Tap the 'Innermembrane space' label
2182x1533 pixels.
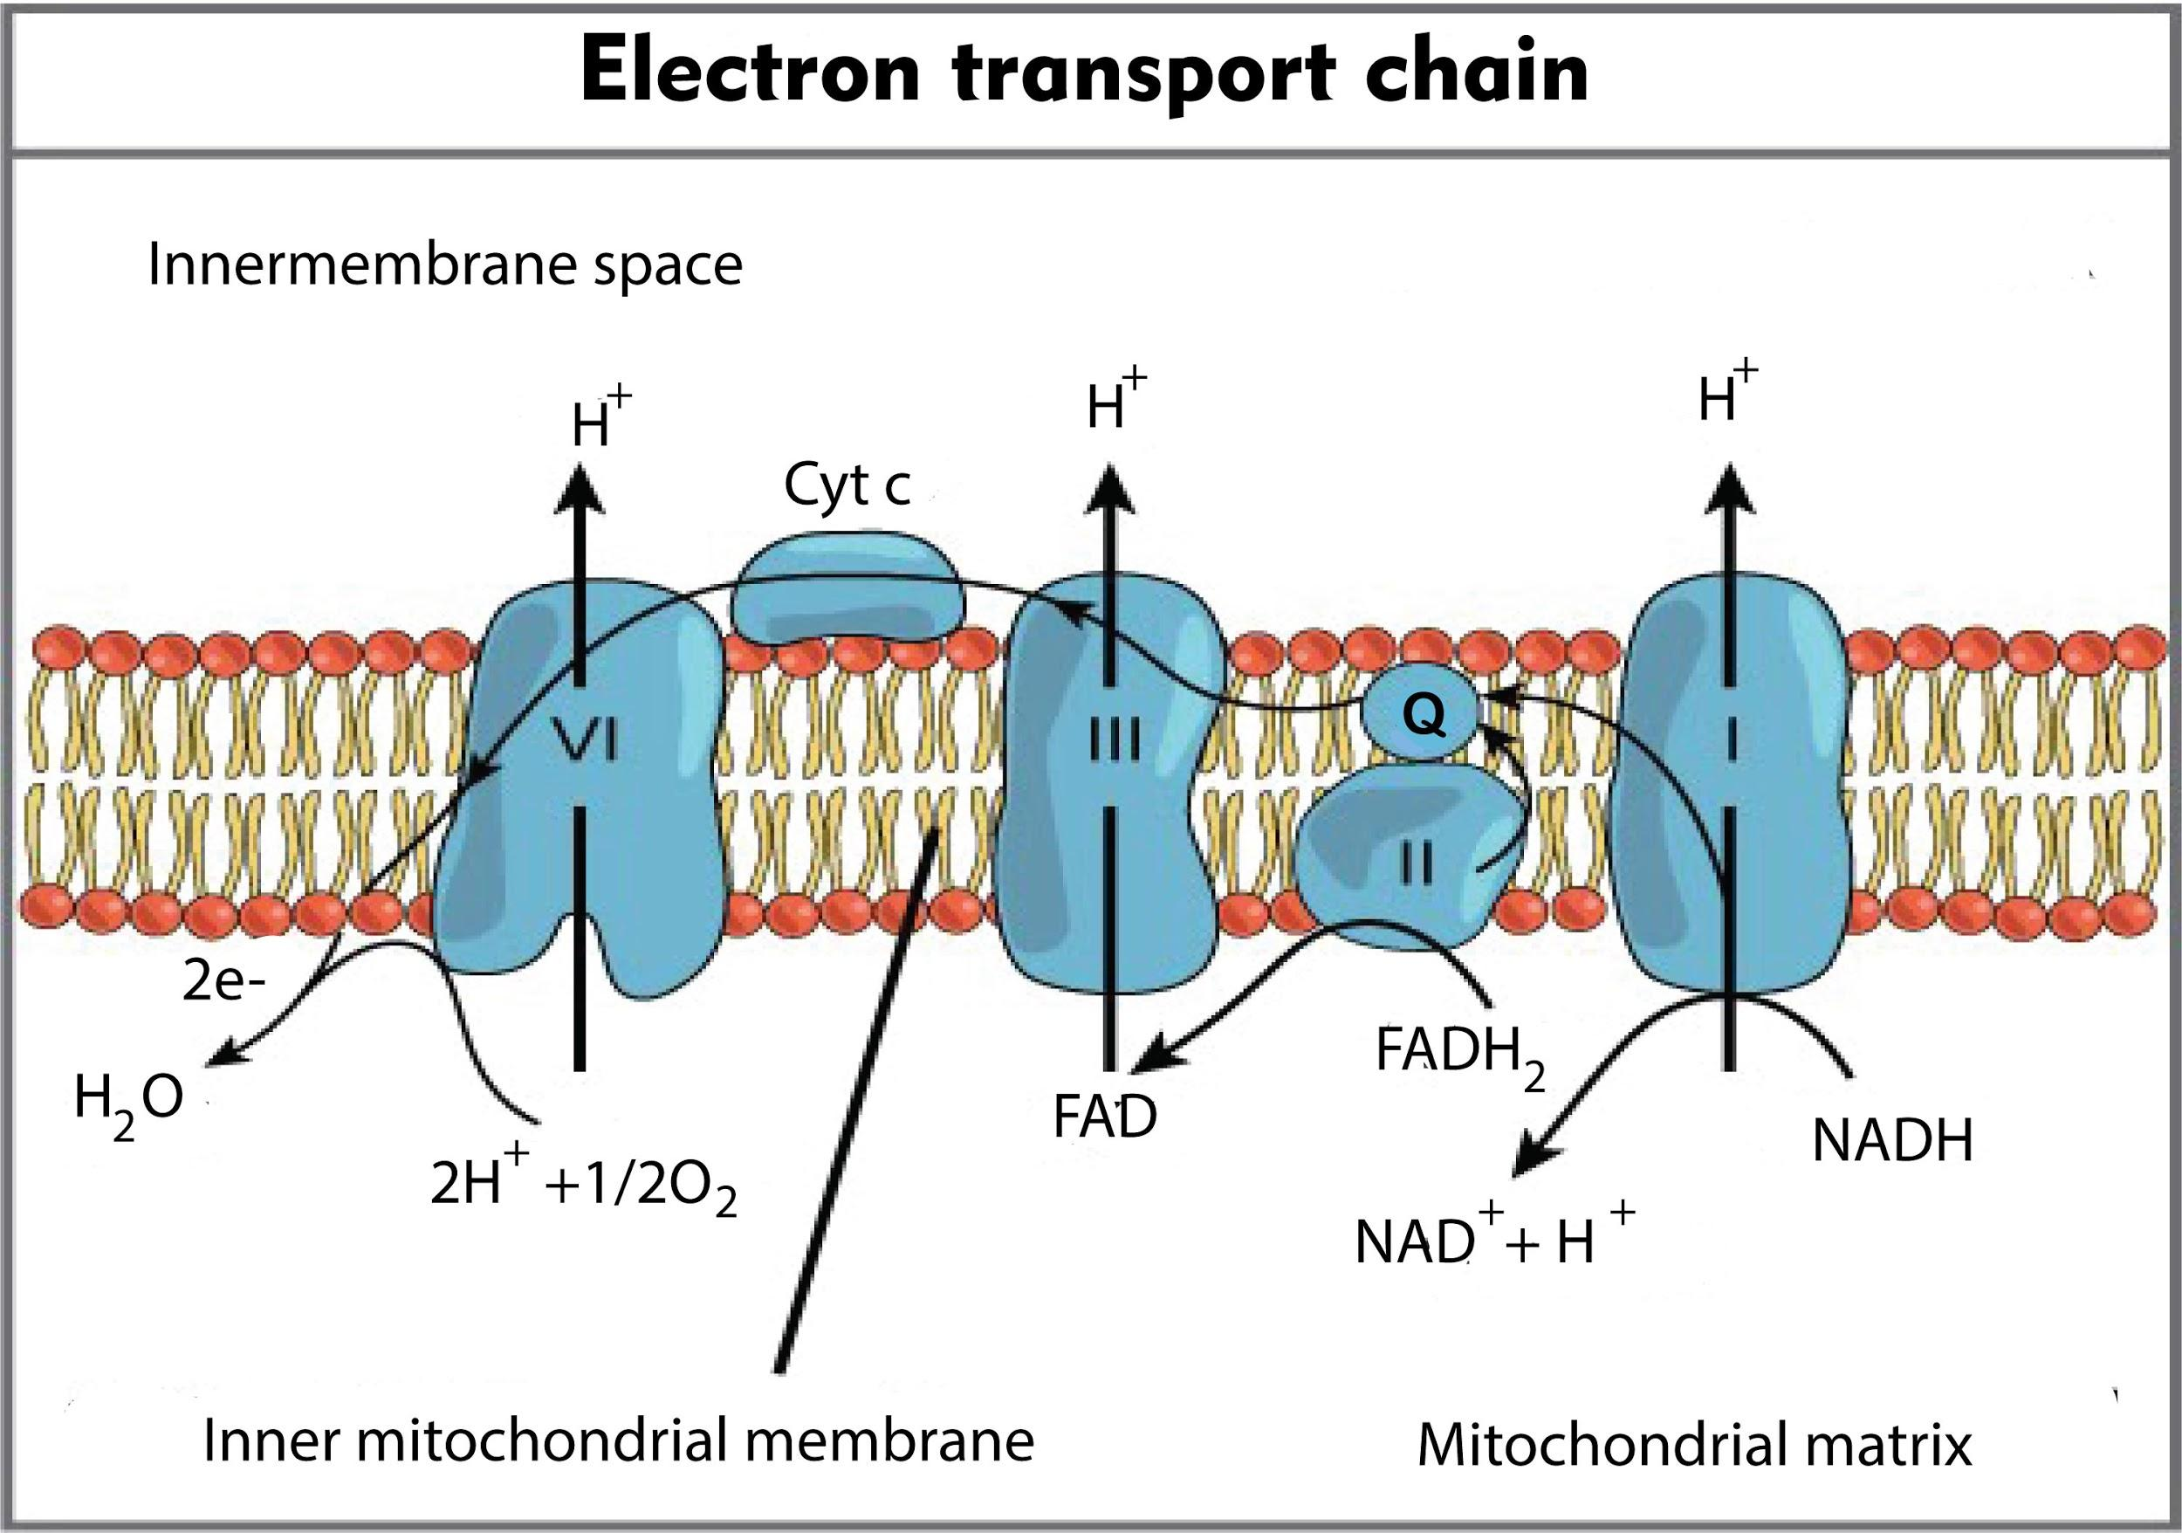click(x=445, y=265)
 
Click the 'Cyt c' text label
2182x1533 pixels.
click(x=847, y=485)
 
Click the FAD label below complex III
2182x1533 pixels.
click(x=1104, y=1117)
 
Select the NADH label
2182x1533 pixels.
click(x=1892, y=1140)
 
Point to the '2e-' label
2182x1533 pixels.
click(x=224, y=984)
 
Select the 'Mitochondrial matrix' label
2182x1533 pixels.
click(x=1694, y=1446)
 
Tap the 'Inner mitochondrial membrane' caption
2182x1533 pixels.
click(x=619, y=1440)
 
